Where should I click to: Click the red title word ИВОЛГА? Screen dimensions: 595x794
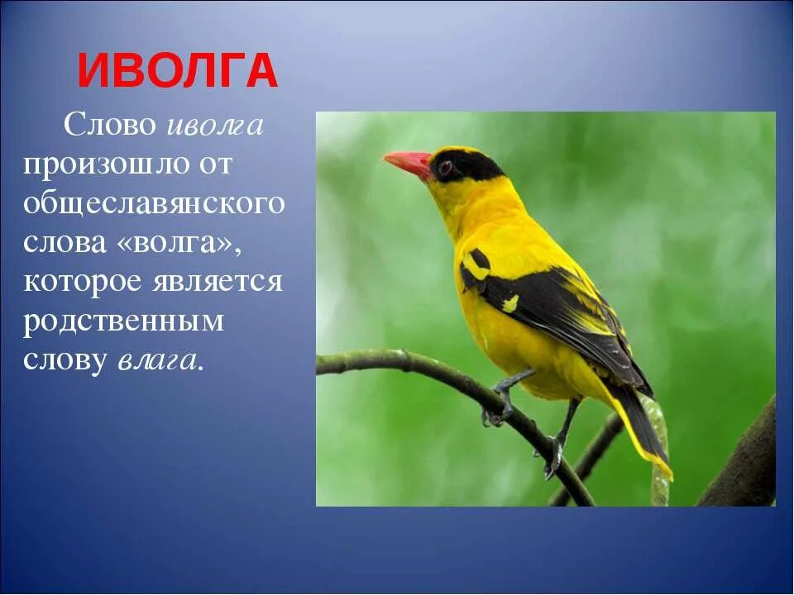click(x=178, y=71)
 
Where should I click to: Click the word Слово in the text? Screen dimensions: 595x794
click(x=110, y=126)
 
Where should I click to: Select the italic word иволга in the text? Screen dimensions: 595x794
click(x=215, y=126)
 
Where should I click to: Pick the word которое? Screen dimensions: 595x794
click(x=81, y=282)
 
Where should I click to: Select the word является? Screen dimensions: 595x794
click(x=217, y=282)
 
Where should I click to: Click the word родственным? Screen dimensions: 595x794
click(x=123, y=321)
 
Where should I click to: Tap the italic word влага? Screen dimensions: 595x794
click(x=159, y=360)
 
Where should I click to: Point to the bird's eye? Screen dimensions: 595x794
click(x=445, y=168)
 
